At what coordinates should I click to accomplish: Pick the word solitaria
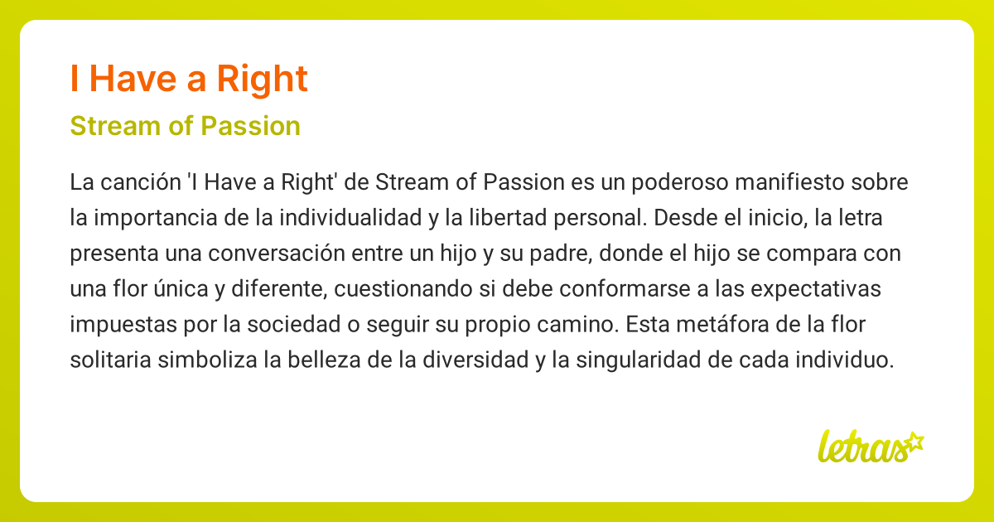(105, 361)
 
